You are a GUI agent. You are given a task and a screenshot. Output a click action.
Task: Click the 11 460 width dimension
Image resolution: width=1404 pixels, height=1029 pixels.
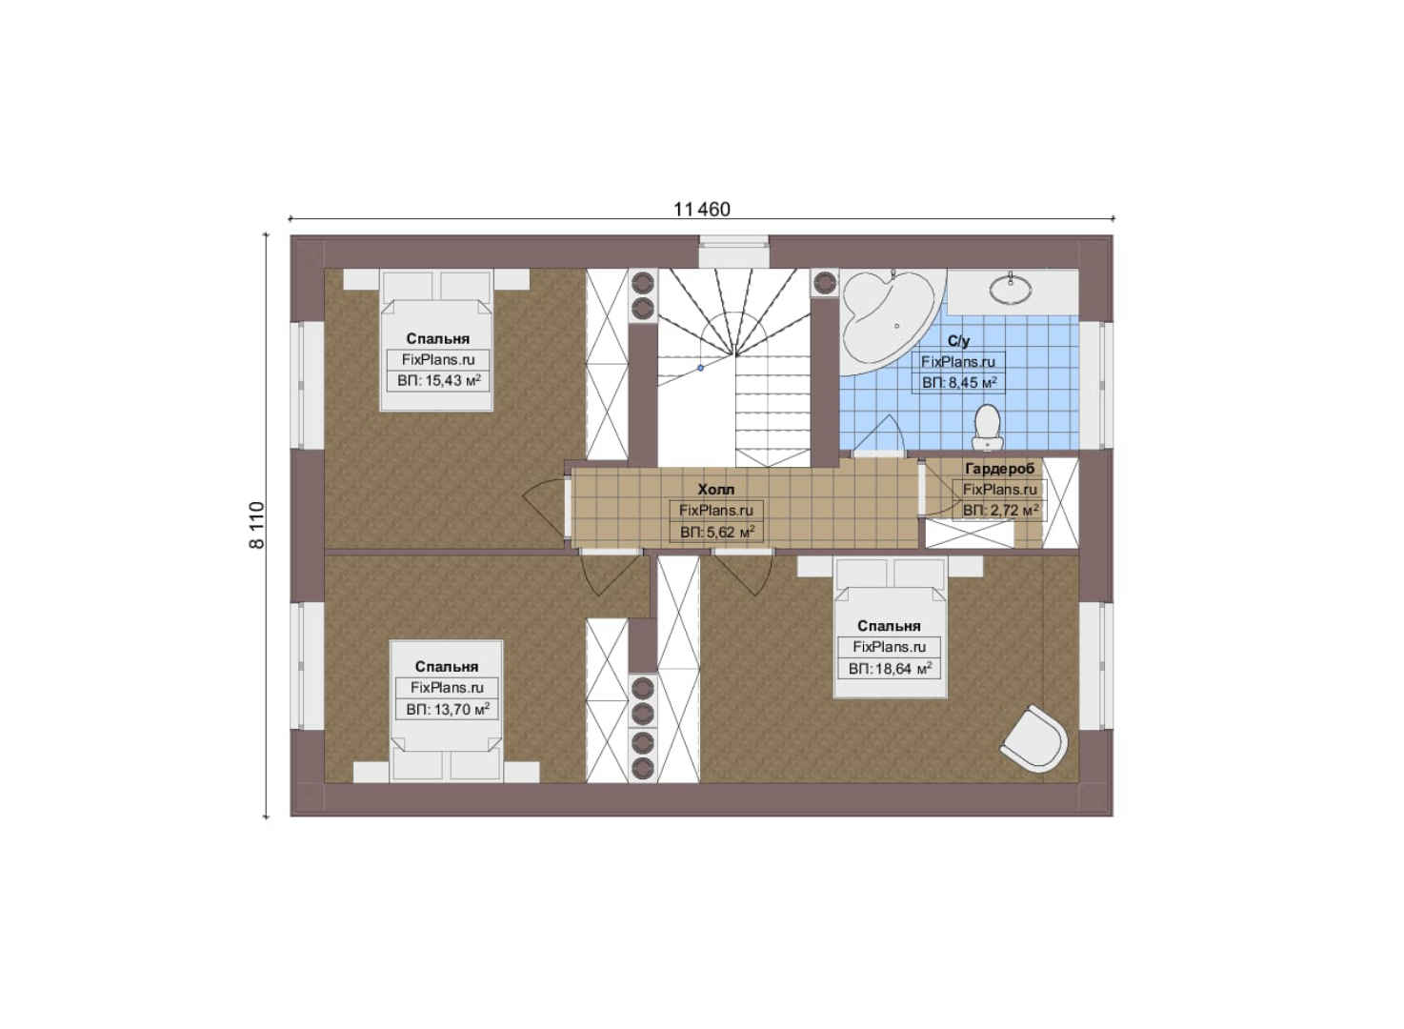click(x=701, y=209)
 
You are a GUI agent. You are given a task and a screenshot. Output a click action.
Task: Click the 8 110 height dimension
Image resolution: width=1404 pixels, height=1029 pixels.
click(x=257, y=526)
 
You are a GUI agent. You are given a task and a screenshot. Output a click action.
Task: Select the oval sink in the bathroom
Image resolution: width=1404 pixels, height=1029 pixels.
click(x=1011, y=289)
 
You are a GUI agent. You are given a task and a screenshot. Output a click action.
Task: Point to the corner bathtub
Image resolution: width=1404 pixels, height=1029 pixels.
click(x=886, y=322)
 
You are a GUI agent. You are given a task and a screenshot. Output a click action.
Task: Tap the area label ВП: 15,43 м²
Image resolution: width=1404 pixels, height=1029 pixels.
click(x=439, y=380)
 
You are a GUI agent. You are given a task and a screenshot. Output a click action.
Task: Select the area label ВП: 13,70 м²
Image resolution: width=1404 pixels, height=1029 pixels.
click(x=448, y=709)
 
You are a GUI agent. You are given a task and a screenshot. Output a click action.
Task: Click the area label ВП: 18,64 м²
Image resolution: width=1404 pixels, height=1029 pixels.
click(x=890, y=669)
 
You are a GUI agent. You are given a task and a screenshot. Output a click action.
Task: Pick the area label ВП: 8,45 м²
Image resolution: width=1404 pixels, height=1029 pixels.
click(x=959, y=382)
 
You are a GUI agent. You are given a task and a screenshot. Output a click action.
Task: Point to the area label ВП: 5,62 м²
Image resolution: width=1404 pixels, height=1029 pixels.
click(x=717, y=533)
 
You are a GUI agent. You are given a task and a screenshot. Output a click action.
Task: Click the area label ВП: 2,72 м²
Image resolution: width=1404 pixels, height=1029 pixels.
click(x=1000, y=511)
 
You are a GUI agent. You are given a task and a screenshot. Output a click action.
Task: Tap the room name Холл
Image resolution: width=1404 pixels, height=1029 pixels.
click(x=715, y=489)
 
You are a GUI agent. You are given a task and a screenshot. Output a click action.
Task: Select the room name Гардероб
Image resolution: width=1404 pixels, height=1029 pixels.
click(x=1000, y=469)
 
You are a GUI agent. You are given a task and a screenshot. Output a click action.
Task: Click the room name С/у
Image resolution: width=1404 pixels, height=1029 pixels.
click(x=958, y=341)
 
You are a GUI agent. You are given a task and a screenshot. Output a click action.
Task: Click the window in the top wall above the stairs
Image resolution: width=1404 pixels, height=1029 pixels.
click(x=734, y=252)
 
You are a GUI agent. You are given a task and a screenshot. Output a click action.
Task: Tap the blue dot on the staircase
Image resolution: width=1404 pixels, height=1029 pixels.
click(x=701, y=368)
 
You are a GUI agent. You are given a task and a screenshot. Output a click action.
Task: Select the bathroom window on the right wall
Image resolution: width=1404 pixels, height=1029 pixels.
click(x=1096, y=386)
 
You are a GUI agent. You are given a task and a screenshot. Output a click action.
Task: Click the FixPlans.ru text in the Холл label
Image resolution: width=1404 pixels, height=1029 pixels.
click(x=715, y=511)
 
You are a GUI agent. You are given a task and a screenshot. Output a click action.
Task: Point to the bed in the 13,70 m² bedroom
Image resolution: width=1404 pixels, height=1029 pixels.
click(x=447, y=711)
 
